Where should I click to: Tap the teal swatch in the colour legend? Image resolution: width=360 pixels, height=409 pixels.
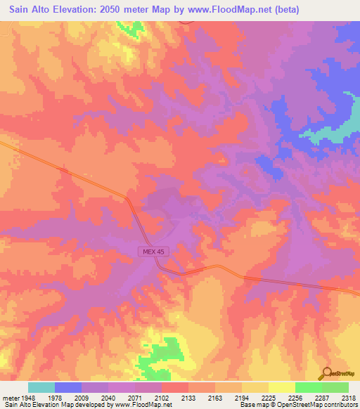(41, 387)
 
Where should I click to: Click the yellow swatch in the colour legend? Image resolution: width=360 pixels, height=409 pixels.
(281, 387)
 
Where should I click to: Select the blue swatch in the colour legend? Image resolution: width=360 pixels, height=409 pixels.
(68, 387)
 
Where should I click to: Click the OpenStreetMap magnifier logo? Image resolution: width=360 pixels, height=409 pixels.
(326, 372)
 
